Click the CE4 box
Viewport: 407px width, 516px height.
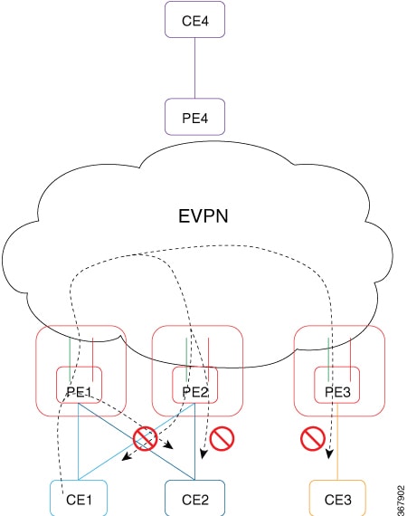(x=194, y=19)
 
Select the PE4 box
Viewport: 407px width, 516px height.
(x=194, y=117)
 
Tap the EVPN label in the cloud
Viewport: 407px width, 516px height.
(x=203, y=216)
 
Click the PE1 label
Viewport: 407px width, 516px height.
(x=79, y=392)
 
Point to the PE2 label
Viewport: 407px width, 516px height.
(x=195, y=392)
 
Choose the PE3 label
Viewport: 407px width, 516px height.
(x=337, y=392)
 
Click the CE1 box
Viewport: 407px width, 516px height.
(x=79, y=498)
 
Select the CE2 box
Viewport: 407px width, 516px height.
(x=195, y=498)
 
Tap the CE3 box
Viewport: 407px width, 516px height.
(x=337, y=498)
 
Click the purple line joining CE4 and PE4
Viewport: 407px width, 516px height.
(x=195, y=68)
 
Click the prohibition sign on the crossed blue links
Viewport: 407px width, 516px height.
(x=145, y=438)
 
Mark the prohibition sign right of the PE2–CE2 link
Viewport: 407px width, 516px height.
(x=222, y=439)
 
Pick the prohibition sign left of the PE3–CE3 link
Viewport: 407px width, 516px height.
(x=313, y=439)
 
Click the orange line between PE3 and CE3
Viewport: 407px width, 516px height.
(x=337, y=442)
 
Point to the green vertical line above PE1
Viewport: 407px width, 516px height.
(x=70, y=358)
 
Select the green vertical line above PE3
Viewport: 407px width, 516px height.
(x=328, y=358)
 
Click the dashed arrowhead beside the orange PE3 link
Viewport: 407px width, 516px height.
(x=328, y=454)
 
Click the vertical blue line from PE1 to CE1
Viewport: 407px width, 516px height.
(x=79, y=442)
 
